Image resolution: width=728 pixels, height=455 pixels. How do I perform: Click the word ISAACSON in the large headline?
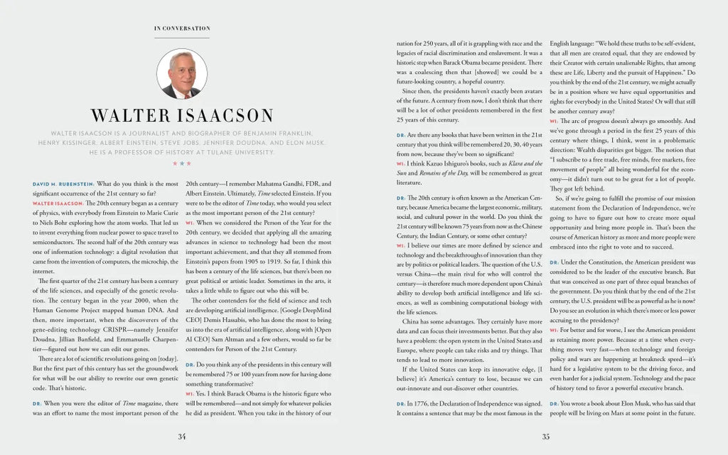coord(220,116)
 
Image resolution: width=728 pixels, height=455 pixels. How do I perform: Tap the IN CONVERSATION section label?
coord(182,28)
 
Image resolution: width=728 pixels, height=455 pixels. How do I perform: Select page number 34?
coord(182,436)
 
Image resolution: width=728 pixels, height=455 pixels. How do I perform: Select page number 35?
coord(546,436)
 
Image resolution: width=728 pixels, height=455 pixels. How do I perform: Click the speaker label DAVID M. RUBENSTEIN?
coord(63,184)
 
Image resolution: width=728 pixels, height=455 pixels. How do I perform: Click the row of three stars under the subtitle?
coord(181,164)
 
